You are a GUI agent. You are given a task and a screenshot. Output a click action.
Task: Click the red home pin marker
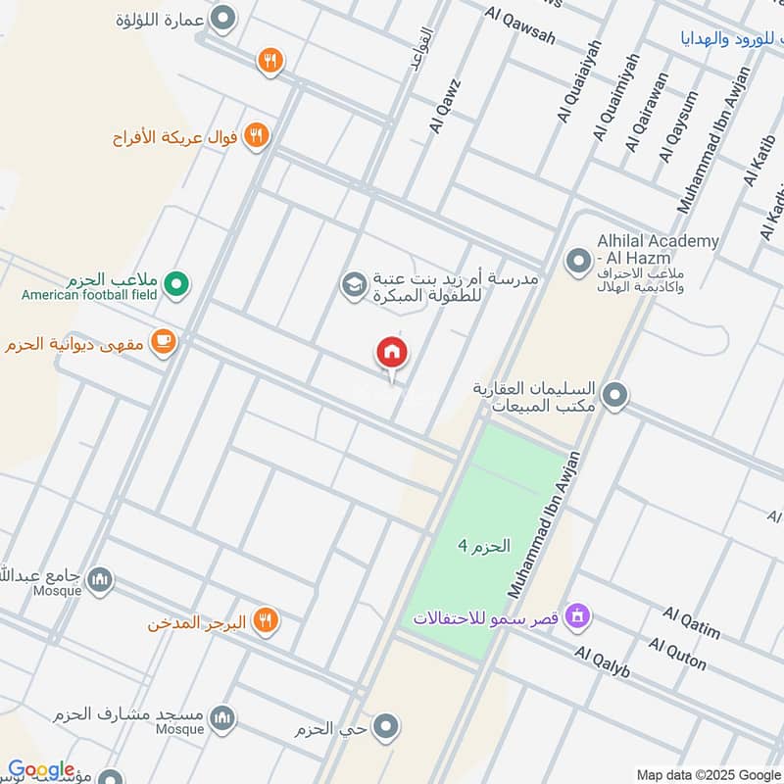tap(392, 353)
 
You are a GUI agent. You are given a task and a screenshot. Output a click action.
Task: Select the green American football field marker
tap(176, 284)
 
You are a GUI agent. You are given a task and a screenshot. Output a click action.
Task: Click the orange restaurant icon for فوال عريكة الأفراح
tap(257, 135)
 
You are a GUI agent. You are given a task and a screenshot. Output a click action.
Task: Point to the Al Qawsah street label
tap(519, 25)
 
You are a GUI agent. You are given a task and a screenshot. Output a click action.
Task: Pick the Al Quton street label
tap(677, 654)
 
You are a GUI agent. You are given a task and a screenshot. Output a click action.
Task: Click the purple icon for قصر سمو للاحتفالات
tap(579, 617)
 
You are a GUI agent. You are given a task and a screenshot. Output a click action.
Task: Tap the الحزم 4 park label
tap(484, 546)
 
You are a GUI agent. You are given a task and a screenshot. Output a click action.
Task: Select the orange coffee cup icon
tap(164, 342)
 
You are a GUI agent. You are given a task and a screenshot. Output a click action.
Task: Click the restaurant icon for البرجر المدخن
tap(265, 620)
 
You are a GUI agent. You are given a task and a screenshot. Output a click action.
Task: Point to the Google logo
tap(41, 770)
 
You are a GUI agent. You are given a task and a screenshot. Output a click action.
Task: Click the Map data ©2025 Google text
tap(709, 773)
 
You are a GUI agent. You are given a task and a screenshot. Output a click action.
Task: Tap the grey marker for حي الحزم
tap(387, 727)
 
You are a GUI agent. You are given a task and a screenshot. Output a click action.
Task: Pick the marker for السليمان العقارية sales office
tap(614, 396)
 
